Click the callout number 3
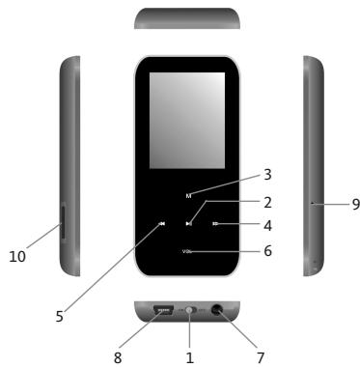(267, 175)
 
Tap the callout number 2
(267, 204)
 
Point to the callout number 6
(267, 251)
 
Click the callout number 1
(190, 356)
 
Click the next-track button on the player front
(215, 224)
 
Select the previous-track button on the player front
(163, 224)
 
